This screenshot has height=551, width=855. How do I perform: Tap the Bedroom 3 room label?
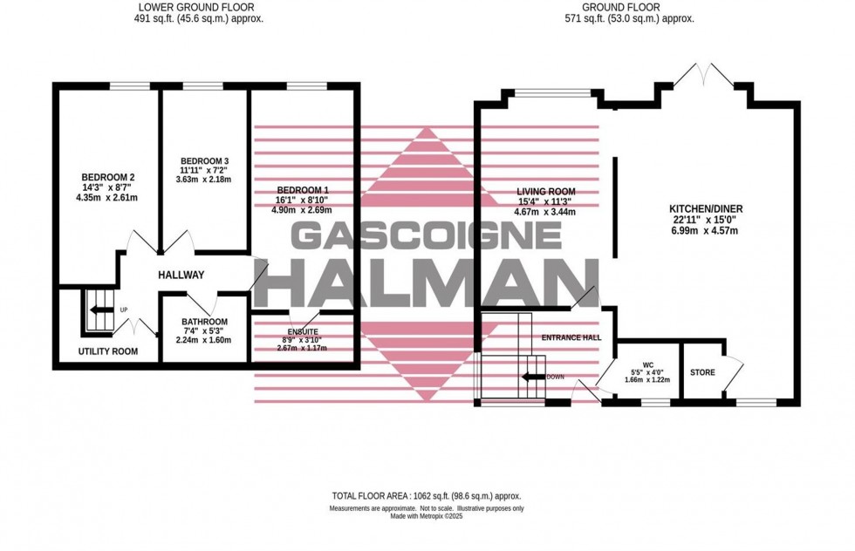click(204, 161)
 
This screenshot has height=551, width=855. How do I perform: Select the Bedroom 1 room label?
click(303, 189)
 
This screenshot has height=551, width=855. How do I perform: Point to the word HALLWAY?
click(181, 275)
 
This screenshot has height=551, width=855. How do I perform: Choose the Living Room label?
click(545, 191)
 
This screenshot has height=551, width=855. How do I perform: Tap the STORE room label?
click(702, 373)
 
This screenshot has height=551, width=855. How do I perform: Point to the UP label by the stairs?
click(124, 309)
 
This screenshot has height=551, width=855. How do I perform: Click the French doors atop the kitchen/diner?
click(703, 77)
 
